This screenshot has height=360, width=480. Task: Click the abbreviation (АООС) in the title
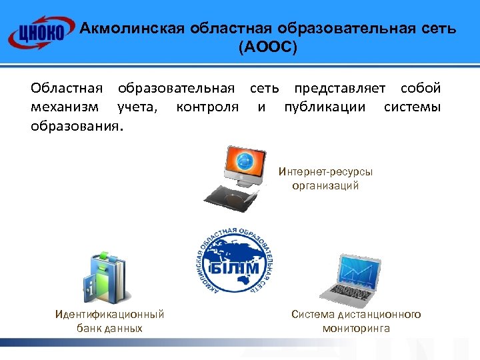(268, 49)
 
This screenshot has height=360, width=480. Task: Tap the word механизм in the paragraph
(63, 107)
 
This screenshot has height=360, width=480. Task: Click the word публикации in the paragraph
(325, 107)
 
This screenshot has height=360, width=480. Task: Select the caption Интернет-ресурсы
(326, 171)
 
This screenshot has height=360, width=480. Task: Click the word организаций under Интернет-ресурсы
(325, 186)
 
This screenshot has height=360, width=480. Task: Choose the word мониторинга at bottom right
(356, 329)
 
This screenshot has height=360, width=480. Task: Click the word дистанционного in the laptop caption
(380, 315)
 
